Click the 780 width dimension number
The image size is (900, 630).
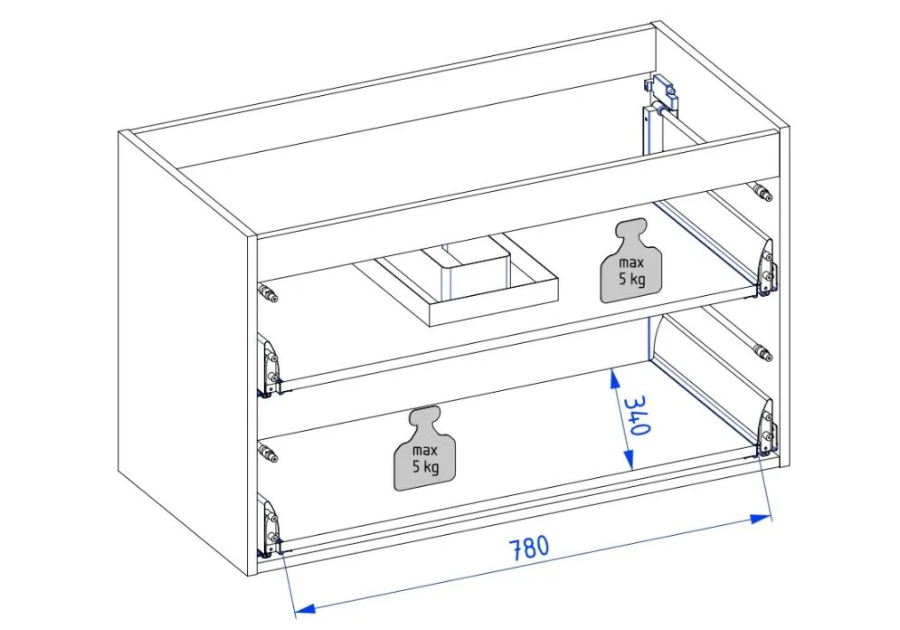click(528, 549)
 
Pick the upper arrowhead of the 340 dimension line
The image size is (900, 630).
click(614, 373)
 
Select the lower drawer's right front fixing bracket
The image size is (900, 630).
click(766, 431)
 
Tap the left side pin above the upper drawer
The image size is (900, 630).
click(268, 292)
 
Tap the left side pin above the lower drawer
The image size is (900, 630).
click(268, 453)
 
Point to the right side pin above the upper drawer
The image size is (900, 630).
click(762, 192)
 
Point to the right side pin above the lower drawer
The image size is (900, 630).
click(762, 353)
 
